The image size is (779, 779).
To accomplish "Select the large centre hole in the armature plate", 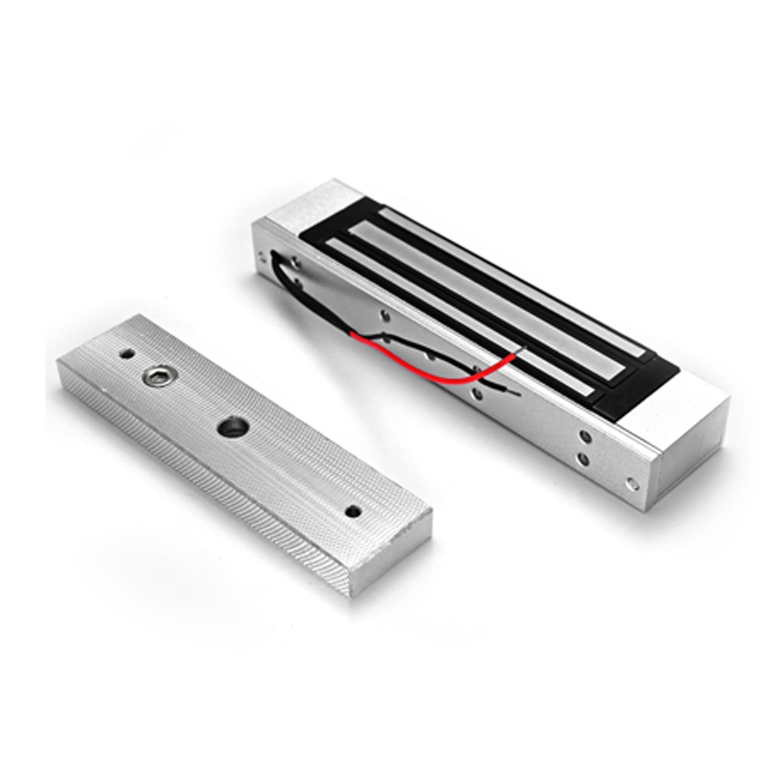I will click(232, 427).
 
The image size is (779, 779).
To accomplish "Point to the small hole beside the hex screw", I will click(127, 353).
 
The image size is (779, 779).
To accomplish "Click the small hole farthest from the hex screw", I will click(353, 511).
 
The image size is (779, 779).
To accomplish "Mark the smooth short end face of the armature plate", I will click(390, 554).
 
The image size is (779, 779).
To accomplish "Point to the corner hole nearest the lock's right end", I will click(633, 483).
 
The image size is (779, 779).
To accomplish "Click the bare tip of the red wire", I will click(516, 349).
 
